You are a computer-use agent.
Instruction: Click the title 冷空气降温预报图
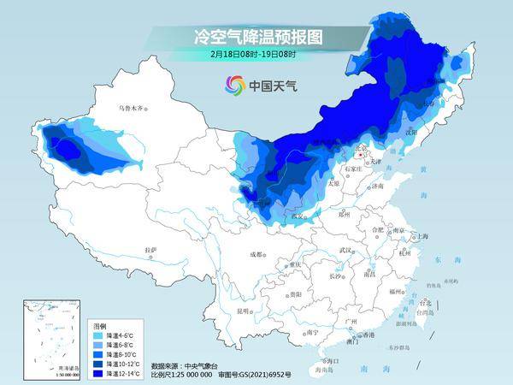(x=247, y=38)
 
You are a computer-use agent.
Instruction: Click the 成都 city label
(x=257, y=254)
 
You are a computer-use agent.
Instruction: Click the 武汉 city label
(x=345, y=250)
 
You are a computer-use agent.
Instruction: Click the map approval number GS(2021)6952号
(x=265, y=374)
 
